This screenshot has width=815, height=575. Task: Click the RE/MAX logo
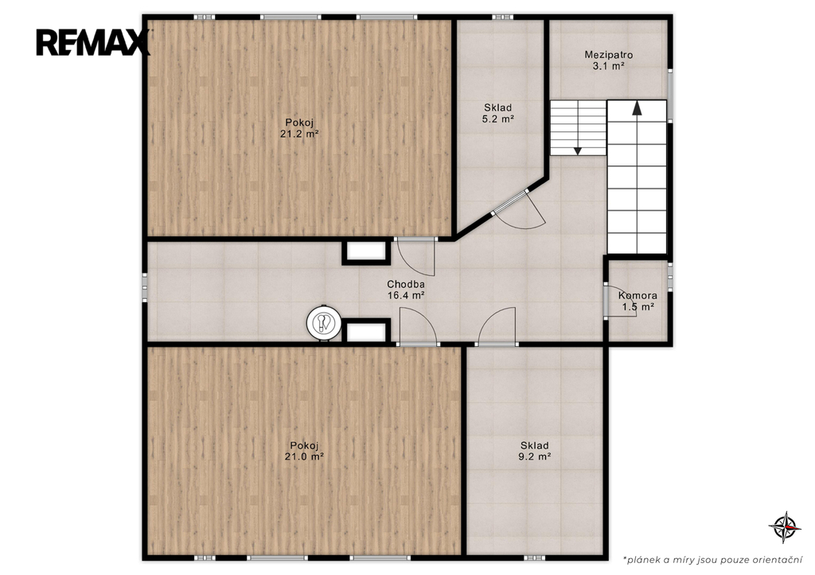tap(93, 42)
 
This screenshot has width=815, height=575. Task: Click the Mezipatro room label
tap(608, 55)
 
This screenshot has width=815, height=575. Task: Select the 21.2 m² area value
tap(299, 134)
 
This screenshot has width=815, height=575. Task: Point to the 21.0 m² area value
tap(304, 457)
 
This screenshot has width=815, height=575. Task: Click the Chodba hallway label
tap(406, 284)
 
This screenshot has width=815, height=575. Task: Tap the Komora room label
tap(638, 296)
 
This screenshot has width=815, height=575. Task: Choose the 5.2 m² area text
tap(498, 119)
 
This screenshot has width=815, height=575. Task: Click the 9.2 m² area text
tap(534, 457)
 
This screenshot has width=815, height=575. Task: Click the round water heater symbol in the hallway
tap(324, 323)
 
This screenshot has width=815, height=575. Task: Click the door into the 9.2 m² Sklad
tap(497, 327)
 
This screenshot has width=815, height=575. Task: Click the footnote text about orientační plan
tap(712, 560)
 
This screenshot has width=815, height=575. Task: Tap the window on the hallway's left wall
tap(145, 287)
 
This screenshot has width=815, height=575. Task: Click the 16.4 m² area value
tap(406, 296)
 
